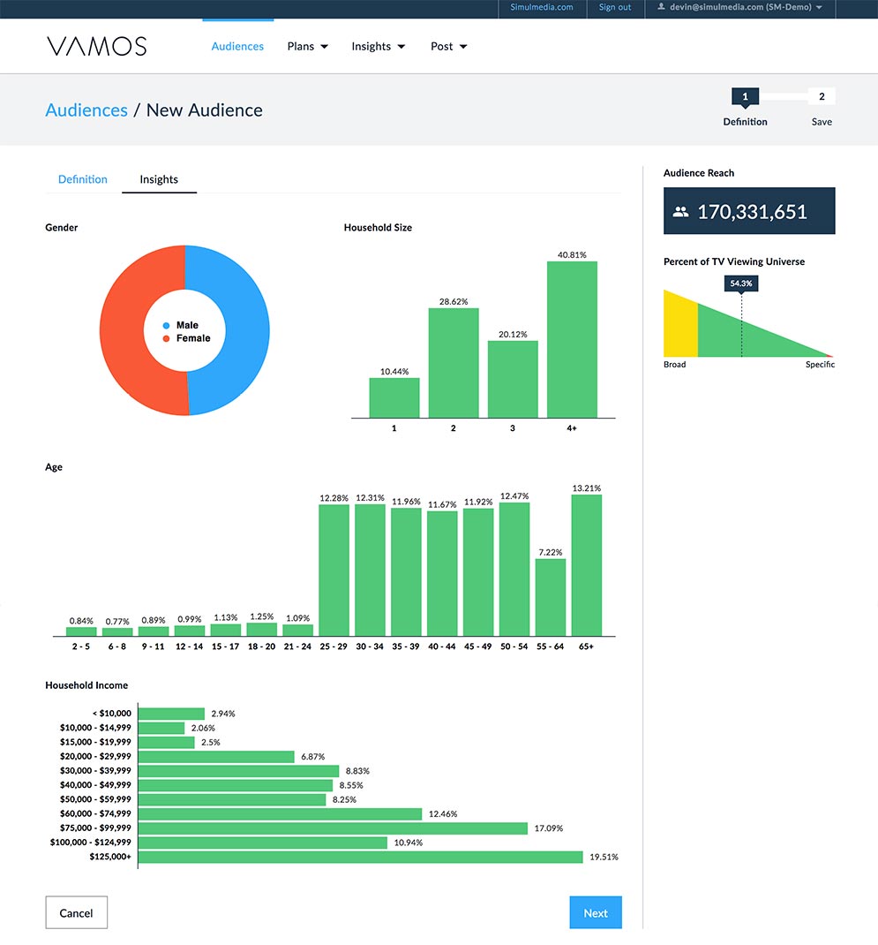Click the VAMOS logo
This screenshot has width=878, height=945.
[97, 47]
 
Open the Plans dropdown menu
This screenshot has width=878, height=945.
[307, 47]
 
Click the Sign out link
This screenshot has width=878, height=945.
[615, 7]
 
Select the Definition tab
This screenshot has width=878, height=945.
[82, 179]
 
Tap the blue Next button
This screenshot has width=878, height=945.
[596, 912]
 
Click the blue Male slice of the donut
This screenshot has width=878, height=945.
[247, 330]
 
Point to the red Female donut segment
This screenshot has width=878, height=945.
[122, 330]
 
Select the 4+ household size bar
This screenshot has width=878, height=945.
[572, 339]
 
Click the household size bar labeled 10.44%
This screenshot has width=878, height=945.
[394, 397]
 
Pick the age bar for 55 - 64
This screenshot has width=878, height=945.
[551, 597]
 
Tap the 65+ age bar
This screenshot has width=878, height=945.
[587, 565]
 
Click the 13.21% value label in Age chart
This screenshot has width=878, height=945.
[587, 488]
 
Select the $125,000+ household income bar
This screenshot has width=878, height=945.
[360, 857]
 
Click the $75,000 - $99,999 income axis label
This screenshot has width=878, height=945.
[95, 828]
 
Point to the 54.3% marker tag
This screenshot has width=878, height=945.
[741, 283]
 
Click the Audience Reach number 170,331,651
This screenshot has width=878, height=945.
[752, 212]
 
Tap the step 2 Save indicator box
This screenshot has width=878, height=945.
[822, 96]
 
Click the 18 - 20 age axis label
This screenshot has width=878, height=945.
[261, 646]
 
